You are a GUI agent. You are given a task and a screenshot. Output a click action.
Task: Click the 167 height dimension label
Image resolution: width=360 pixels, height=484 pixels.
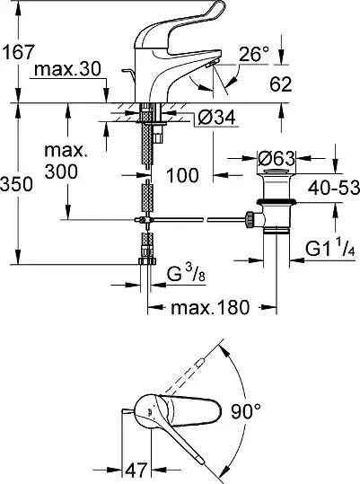coord(18,51)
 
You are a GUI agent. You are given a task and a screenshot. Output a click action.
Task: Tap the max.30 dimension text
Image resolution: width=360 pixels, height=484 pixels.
coord(67,69)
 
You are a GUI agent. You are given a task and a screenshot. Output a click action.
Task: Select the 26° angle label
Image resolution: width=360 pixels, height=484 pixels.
coord(254,54)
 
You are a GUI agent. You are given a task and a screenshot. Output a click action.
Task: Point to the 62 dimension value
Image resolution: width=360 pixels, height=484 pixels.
coord(281,84)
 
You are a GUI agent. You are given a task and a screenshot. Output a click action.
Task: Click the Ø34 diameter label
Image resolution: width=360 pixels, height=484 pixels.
coord(216,117)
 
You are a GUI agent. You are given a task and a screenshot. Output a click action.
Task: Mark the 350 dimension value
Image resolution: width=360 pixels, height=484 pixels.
coord(16,184)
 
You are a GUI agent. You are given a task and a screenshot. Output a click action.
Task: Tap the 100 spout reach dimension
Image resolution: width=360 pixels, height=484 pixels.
coord(182,175)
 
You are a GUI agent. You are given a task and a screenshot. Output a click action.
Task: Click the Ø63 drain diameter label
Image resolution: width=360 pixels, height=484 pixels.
coord(277,159)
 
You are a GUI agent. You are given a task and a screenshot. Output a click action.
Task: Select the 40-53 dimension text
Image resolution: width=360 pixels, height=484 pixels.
coord(333,188)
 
